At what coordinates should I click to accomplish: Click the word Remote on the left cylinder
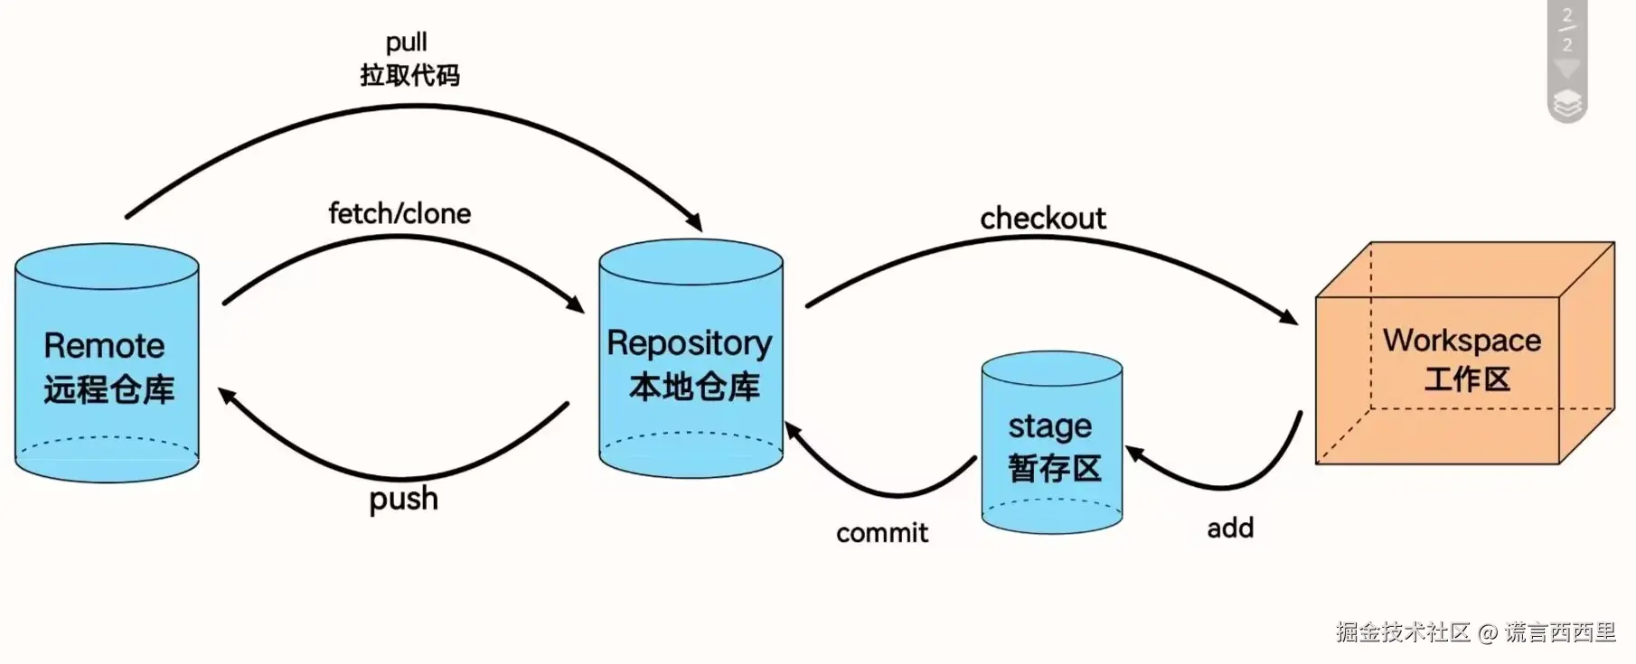pyautogui.click(x=104, y=346)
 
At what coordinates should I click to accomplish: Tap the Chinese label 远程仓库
pyautogui.click(x=108, y=389)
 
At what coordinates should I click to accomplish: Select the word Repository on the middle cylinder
pyautogui.click(x=689, y=343)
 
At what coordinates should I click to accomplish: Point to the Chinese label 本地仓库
pyautogui.click(x=694, y=387)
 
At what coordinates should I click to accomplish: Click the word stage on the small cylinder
pyautogui.click(x=1049, y=426)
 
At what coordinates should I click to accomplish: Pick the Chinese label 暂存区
pyautogui.click(x=1054, y=468)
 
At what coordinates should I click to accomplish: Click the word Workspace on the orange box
pyautogui.click(x=1462, y=341)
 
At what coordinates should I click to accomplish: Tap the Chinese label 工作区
pyautogui.click(x=1467, y=379)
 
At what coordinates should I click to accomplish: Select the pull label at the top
pyautogui.click(x=406, y=42)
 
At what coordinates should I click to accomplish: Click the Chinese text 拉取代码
pyautogui.click(x=409, y=75)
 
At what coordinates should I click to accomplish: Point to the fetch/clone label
pyautogui.click(x=400, y=214)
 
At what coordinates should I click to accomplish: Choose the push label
pyautogui.click(x=403, y=499)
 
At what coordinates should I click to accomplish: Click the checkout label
pyautogui.click(x=1042, y=219)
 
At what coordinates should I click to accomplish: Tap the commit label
pyautogui.click(x=881, y=533)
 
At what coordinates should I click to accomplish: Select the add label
pyautogui.click(x=1230, y=528)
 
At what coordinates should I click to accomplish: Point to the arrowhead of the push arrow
pyautogui.click(x=226, y=396)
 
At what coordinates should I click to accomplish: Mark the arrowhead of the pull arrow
pyautogui.click(x=694, y=222)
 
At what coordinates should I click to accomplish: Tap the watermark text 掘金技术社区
pyautogui.click(x=1403, y=632)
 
